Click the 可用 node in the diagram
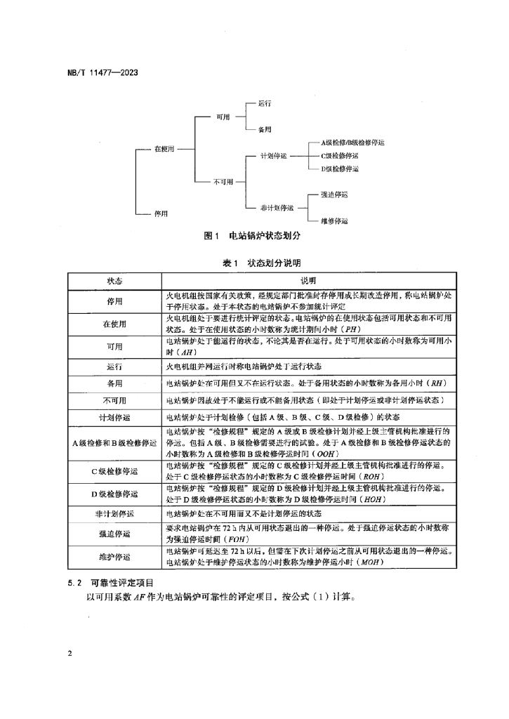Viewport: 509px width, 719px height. point(223,117)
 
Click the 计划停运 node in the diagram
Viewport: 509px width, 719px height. point(274,155)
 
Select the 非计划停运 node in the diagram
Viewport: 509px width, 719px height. point(276,207)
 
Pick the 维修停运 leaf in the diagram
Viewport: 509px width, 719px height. point(334,220)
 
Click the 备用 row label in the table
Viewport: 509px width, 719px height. point(114,383)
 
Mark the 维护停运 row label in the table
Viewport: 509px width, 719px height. point(114,556)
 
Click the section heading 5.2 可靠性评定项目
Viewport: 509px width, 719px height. point(114,582)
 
